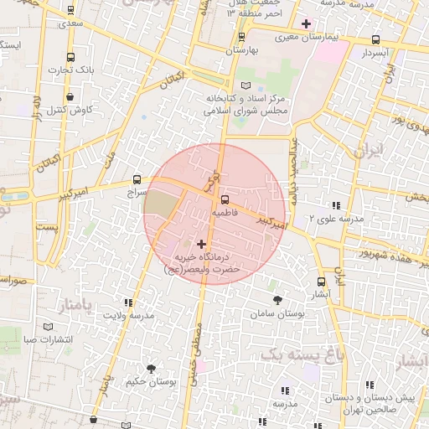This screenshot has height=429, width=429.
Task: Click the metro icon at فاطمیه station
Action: (224, 199)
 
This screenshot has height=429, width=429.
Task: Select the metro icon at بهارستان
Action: (242, 37)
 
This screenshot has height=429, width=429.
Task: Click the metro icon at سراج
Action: (137, 179)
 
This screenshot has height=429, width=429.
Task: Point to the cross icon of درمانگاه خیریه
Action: (200, 244)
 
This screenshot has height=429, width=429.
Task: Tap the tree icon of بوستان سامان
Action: (277, 299)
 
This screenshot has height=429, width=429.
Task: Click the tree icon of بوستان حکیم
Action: (151, 369)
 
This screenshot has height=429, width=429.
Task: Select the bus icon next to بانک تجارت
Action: (69, 57)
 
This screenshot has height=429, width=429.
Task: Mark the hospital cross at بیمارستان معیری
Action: (306, 23)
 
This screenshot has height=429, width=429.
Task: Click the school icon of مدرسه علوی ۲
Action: (336, 205)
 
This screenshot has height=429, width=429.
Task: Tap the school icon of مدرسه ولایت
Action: (128, 302)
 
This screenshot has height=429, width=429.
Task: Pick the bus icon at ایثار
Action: (322, 282)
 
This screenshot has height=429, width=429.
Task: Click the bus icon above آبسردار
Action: (375, 39)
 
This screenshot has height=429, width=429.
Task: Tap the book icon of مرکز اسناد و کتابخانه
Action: (246, 85)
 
